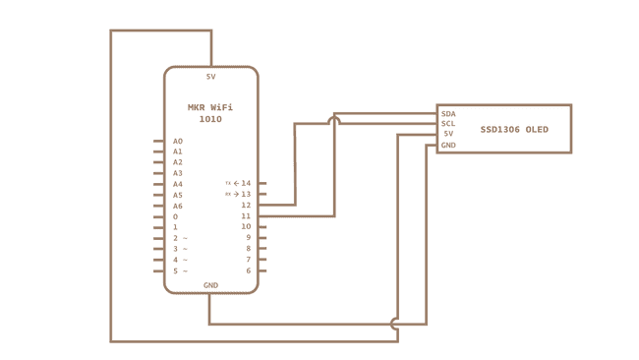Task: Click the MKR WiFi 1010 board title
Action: coord(210,112)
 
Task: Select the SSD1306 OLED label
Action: coord(514,130)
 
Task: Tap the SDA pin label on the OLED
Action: coord(448,113)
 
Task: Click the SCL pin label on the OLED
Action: coord(448,123)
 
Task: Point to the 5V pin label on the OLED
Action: coord(448,134)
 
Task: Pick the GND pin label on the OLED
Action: coord(448,145)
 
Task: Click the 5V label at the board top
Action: coord(210,77)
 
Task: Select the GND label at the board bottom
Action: coord(210,284)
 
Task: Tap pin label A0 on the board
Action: coord(178,141)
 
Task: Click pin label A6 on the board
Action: coord(178,206)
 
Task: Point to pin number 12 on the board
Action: coord(246,205)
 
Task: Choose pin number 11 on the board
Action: coord(246,215)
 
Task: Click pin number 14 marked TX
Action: coord(246,183)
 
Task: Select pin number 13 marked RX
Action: coord(246,194)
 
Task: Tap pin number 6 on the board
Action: coord(248,270)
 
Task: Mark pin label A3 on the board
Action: coord(178,173)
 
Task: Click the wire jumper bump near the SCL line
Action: coord(334,120)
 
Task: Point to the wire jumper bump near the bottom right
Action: coord(396,323)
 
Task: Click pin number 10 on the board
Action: coord(246,226)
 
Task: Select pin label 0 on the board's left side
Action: coord(176,216)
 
